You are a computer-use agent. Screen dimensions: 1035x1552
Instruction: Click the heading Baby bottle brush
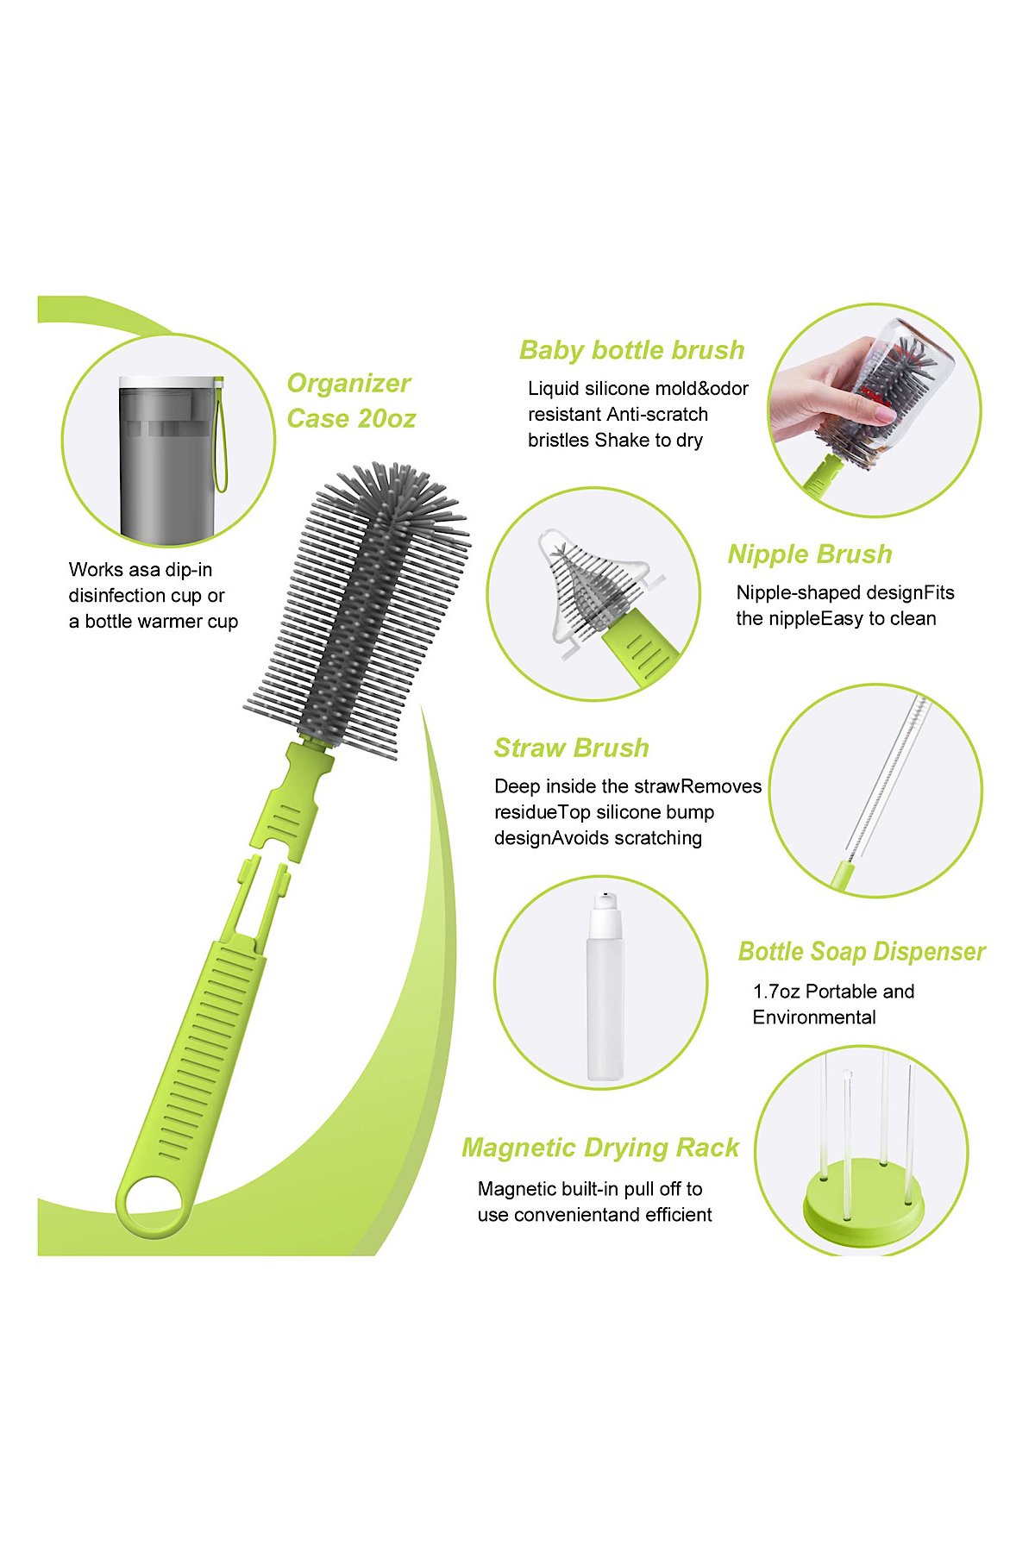click(631, 350)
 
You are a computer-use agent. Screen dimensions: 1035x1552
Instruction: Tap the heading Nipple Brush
click(810, 554)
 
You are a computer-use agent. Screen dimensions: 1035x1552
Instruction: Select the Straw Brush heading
click(571, 748)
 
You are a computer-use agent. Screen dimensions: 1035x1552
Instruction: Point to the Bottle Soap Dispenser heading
click(861, 952)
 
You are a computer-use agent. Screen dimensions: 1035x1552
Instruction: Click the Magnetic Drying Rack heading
click(600, 1148)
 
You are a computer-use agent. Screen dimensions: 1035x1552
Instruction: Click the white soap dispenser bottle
click(605, 986)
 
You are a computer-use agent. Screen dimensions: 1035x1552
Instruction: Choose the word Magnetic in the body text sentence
click(517, 1190)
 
